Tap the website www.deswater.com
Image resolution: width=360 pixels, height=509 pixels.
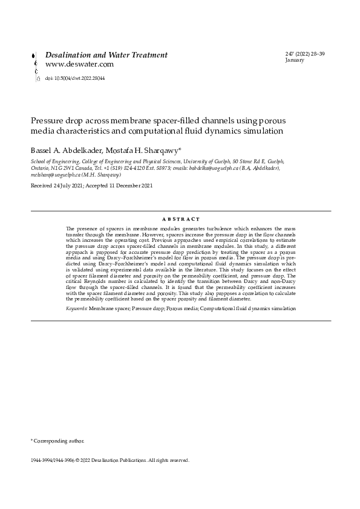click(79, 64)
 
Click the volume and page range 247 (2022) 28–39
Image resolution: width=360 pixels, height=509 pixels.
click(305, 54)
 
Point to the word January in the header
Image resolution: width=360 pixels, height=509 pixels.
click(294, 60)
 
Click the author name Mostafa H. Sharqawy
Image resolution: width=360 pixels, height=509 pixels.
click(145, 149)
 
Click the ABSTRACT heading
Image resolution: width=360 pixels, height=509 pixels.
click(181, 219)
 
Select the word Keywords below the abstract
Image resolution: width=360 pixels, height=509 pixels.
click(76, 308)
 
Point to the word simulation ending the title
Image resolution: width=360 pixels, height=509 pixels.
click(262, 130)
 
